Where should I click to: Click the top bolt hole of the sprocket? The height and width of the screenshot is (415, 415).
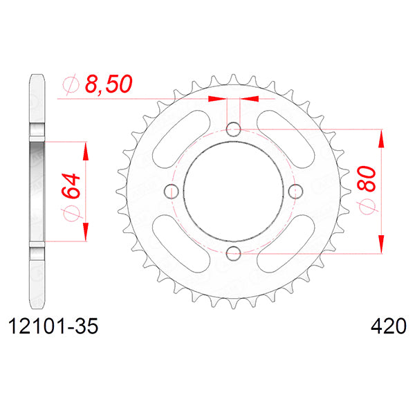(234, 129)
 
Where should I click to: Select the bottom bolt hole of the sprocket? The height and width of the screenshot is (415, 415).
(234, 252)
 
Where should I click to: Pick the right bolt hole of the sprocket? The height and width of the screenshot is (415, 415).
(295, 191)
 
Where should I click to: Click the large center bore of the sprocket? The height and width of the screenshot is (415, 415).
(234, 191)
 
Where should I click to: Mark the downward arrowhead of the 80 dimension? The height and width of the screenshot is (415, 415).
(380, 244)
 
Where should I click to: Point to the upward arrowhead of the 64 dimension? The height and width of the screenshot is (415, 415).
(85, 151)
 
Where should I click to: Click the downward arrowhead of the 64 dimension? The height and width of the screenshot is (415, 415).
(85, 231)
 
